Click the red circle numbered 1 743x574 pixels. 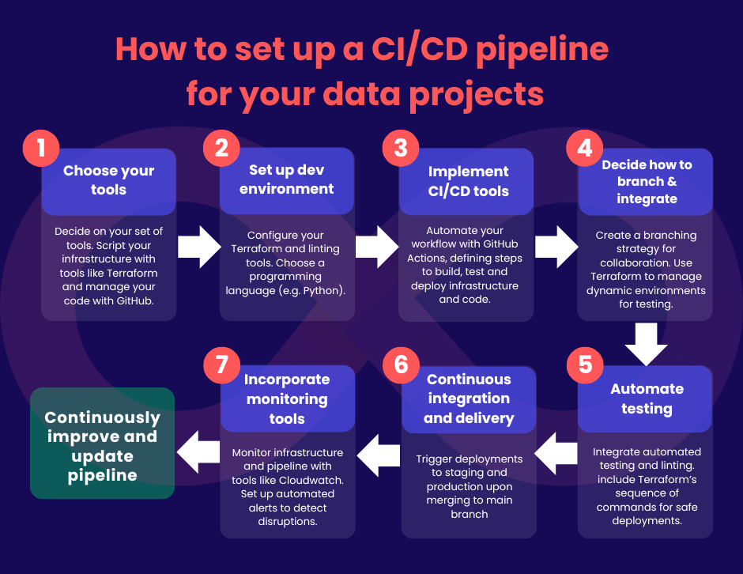[41, 148]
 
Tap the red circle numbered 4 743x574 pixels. [585, 148]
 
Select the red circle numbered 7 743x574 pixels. [222, 365]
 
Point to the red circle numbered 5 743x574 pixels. [585, 365]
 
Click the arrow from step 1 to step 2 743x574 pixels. [199, 247]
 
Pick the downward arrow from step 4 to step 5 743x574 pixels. [646, 344]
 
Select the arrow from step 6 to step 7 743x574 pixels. [378, 455]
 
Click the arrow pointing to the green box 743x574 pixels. [198, 452]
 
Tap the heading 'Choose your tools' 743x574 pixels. [108, 180]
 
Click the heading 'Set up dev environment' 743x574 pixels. [287, 179]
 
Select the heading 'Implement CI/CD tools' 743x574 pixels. [468, 181]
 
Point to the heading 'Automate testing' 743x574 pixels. [647, 398]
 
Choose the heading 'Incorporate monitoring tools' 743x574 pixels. [287, 399]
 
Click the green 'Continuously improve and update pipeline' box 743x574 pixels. [102, 444]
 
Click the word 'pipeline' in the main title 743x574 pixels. [542, 51]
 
